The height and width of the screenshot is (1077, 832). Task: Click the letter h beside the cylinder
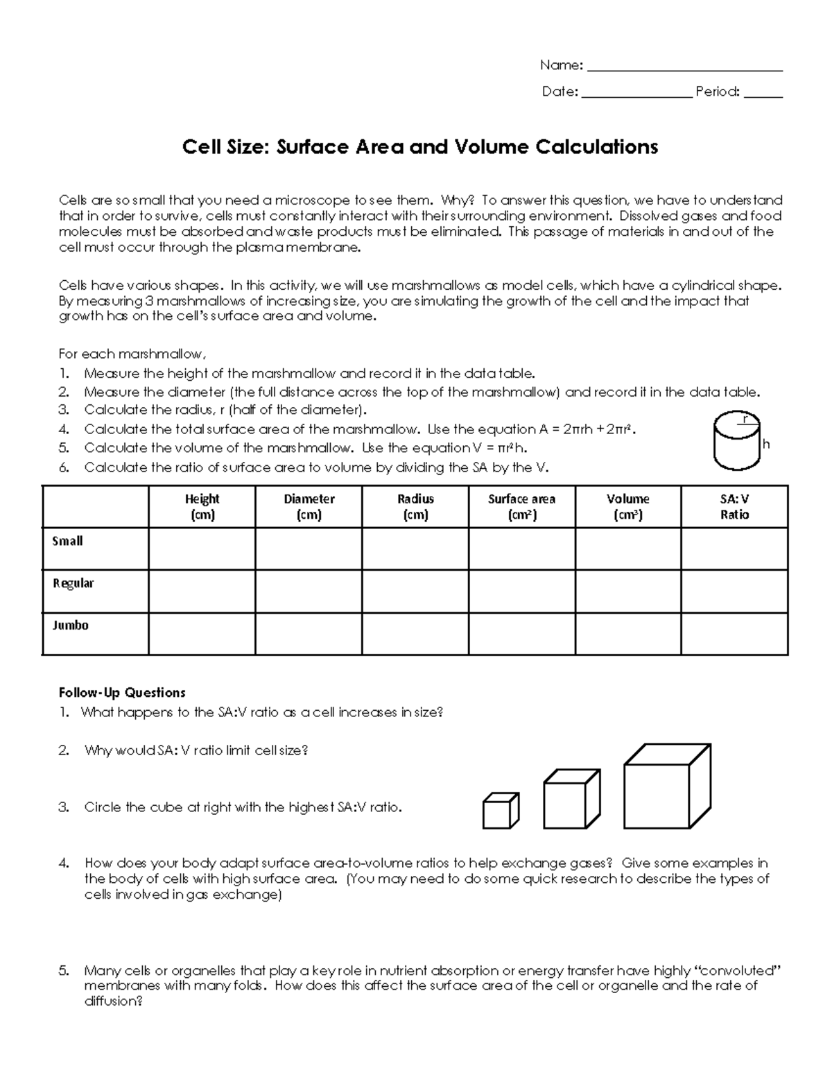tap(766, 445)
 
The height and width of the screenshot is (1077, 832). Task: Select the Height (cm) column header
tap(202, 507)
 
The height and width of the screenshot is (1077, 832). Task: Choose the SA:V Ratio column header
tap(734, 507)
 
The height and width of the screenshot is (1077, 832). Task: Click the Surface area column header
tap(521, 507)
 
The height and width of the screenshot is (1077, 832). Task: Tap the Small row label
tap(68, 541)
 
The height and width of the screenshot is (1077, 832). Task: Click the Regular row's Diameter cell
tap(309, 591)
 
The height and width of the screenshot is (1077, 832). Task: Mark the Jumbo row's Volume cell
tap(628, 633)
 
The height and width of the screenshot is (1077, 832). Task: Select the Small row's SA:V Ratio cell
tap(734, 549)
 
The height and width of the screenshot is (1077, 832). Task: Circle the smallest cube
tap(500, 811)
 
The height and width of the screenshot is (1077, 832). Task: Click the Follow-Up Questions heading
tap(122, 693)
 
